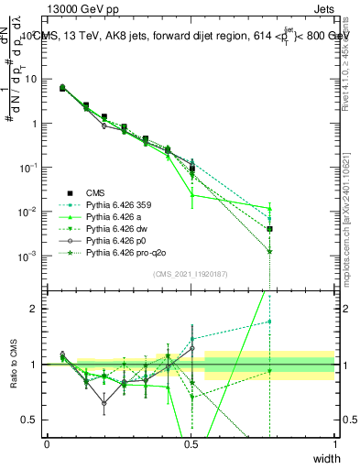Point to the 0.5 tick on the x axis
(191, 444)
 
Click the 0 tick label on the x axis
(47, 444)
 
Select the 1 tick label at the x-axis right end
(334, 444)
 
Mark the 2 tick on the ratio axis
(36, 309)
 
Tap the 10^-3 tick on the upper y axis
(27, 256)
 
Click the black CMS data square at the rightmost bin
(270, 229)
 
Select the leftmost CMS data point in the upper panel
(61, 88)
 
